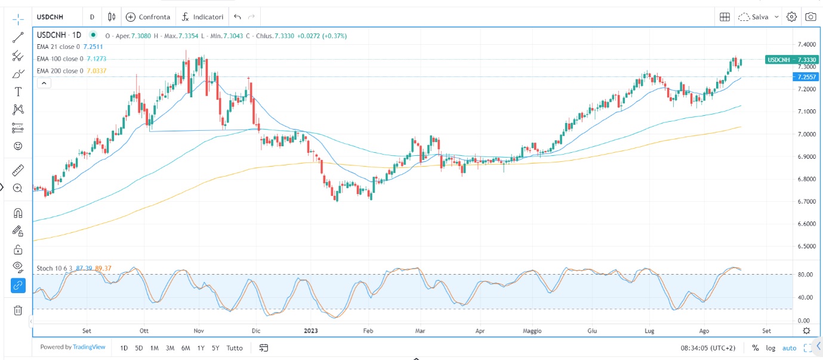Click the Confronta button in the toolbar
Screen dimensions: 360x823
(148, 17)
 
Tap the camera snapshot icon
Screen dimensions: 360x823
(810, 17)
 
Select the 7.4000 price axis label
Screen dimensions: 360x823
(806, 45)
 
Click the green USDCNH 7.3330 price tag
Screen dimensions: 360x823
(791, 60)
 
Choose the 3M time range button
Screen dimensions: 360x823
(170, 347)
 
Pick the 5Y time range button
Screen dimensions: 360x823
(215, 347)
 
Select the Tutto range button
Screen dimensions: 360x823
(235, 347)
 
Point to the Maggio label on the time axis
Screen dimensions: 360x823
(532, 330)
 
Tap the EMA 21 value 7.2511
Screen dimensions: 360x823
(93, 47)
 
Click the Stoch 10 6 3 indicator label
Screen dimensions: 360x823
(54, 268)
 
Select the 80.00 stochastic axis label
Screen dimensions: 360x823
(805, 275)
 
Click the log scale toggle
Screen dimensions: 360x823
(771, 348)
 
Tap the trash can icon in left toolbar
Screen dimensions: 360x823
(18, 310)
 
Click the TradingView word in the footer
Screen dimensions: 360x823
(89, 347)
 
